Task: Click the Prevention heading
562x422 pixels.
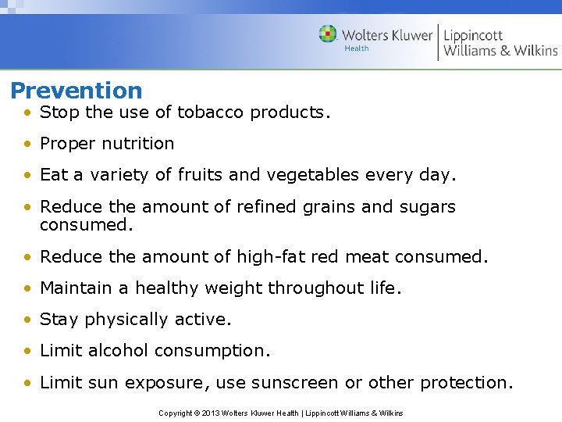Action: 76,91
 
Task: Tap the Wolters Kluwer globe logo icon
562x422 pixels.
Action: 328,34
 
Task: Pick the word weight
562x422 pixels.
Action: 237,288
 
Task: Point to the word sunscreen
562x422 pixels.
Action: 299,383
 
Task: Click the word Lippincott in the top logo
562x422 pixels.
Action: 473,35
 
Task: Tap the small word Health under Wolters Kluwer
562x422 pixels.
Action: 357,48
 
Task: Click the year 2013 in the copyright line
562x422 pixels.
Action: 211,413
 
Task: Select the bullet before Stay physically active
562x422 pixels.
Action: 27,320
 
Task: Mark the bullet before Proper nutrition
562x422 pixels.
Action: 27,144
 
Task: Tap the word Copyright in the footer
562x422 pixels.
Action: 176,413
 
